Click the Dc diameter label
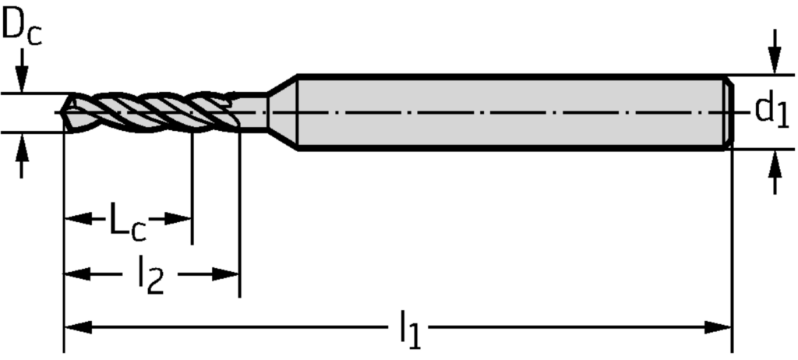coord(21,29)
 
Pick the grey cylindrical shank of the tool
coord(507,113)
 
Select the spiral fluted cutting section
coord(152,113)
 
